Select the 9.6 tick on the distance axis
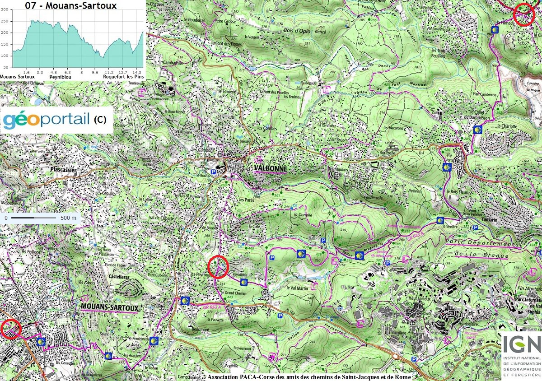(95, 72)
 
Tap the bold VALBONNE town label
(271, 169)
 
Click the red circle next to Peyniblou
(219, 266)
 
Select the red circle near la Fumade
(524, 14)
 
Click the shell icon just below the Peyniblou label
(244, 283)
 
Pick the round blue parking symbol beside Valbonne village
(214, 166)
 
